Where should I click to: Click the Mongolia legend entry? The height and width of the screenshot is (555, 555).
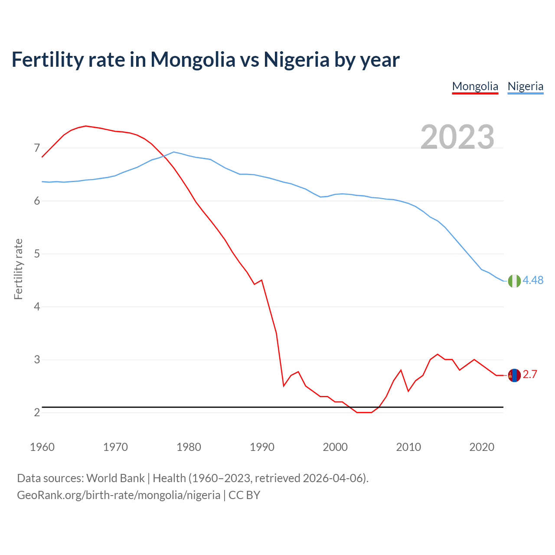coord(475,86)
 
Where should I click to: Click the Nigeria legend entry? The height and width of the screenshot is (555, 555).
coord(525,86)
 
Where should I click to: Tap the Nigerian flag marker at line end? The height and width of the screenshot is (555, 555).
coord(514,281)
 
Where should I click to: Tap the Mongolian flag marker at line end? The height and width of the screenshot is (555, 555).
coord(514,375)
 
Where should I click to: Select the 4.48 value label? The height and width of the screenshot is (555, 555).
coord(533,281)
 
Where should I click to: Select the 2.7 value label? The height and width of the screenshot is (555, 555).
coord(530,375)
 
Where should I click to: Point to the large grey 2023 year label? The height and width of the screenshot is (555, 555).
coord(457,137)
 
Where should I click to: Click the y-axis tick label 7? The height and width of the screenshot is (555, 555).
coord(37,148)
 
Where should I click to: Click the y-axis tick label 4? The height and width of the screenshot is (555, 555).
coord(37,307)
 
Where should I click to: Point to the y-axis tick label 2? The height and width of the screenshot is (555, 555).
coord(37,413)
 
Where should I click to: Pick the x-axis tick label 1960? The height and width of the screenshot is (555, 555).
coord(42,447)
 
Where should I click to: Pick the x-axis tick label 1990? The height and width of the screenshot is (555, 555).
coord(262,447)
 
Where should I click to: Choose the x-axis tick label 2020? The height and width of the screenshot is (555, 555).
coord(482,447)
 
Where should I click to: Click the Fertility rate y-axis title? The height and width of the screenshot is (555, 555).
coord(18,269)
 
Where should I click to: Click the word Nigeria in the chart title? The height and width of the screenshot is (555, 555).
coord(297,60)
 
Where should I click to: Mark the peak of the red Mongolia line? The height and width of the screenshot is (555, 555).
coord(86,126)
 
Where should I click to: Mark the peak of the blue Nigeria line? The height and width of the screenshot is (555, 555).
coord(174,152)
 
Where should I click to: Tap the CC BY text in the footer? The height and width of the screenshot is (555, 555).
coord(244,495)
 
